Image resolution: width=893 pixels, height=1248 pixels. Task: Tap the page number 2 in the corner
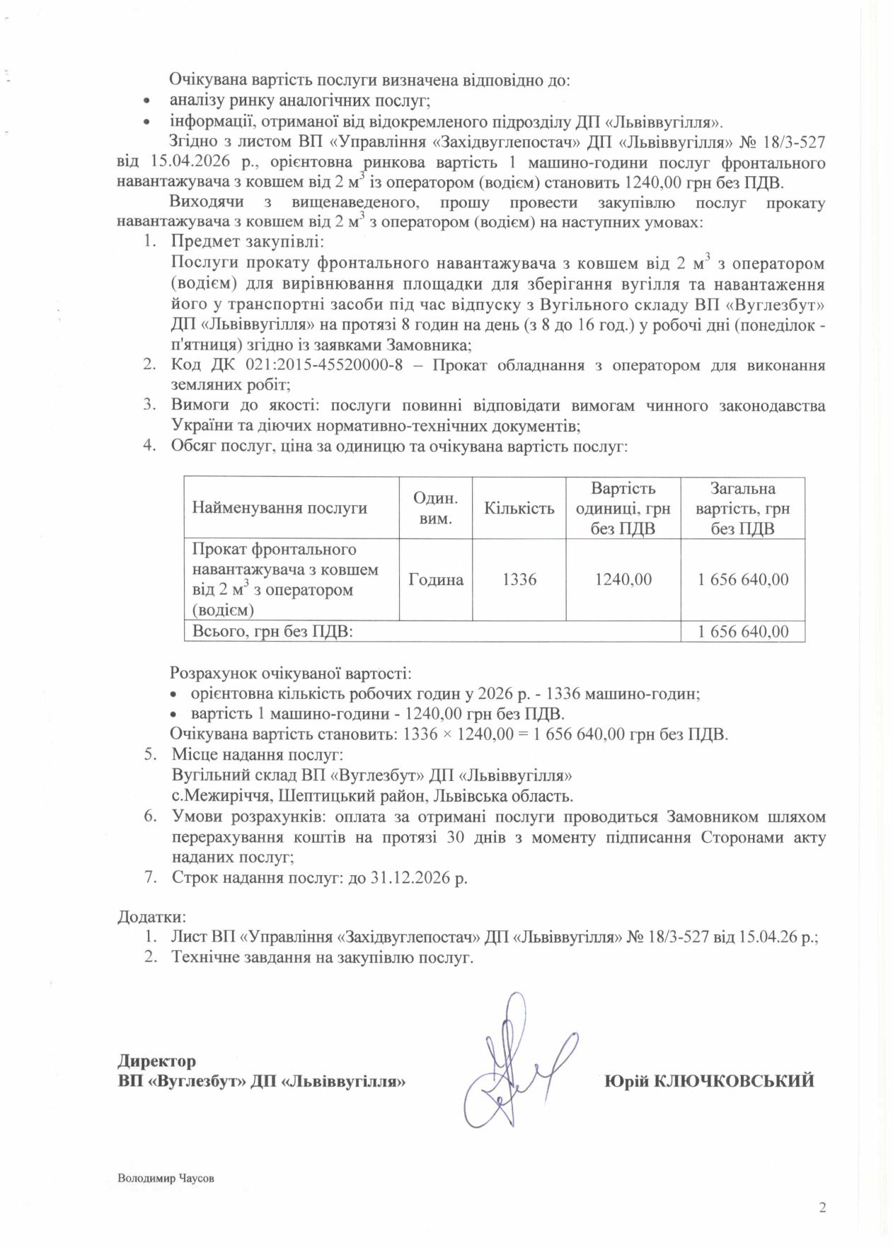822,1208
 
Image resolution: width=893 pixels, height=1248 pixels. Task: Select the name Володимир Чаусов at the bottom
166,1179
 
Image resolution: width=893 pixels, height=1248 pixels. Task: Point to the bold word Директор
156,1061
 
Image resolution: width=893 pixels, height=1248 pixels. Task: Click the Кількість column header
519,508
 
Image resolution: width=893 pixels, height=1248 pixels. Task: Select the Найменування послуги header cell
280,508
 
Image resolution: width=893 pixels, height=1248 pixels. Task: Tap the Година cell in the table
436,579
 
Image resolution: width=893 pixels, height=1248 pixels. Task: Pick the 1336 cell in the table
519,579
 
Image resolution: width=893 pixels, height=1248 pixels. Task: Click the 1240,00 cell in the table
623,579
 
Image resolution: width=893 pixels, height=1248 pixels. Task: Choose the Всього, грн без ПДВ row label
272,631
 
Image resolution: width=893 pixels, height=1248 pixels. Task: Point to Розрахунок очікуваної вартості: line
290,674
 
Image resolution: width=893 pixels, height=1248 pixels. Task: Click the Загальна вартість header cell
742,508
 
